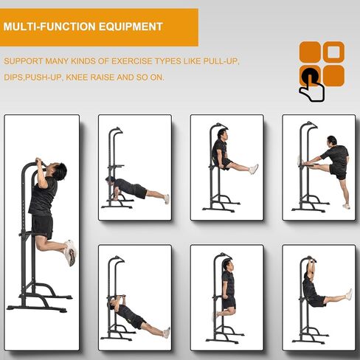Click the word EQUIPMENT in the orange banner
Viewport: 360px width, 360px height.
[x=131, y=27]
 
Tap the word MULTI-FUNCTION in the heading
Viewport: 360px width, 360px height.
[x=49, y=27]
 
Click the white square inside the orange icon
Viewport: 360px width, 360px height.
[x=333, y=52]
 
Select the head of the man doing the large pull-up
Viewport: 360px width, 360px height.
[x=58, y=170]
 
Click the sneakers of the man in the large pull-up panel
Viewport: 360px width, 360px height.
[x=70, y=252]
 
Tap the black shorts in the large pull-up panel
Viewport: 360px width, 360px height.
[x=42, y=226]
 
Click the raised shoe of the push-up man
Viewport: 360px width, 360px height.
[x=167, y=199]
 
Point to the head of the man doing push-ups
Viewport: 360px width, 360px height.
[x=110, y=180]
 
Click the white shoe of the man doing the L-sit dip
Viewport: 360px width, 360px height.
[x=254, y=169]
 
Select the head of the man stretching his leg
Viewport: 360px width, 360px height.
[x=332, y=141]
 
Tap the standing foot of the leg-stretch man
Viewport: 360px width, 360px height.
[x=346, y=206]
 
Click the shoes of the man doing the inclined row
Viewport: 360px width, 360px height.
[x=167, y=333]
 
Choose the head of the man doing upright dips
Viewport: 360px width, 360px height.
[x=228, y=265]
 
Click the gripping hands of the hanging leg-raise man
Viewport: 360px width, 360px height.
[x=311, y=260]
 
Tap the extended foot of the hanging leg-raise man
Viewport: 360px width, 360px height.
[x=349, y=294]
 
